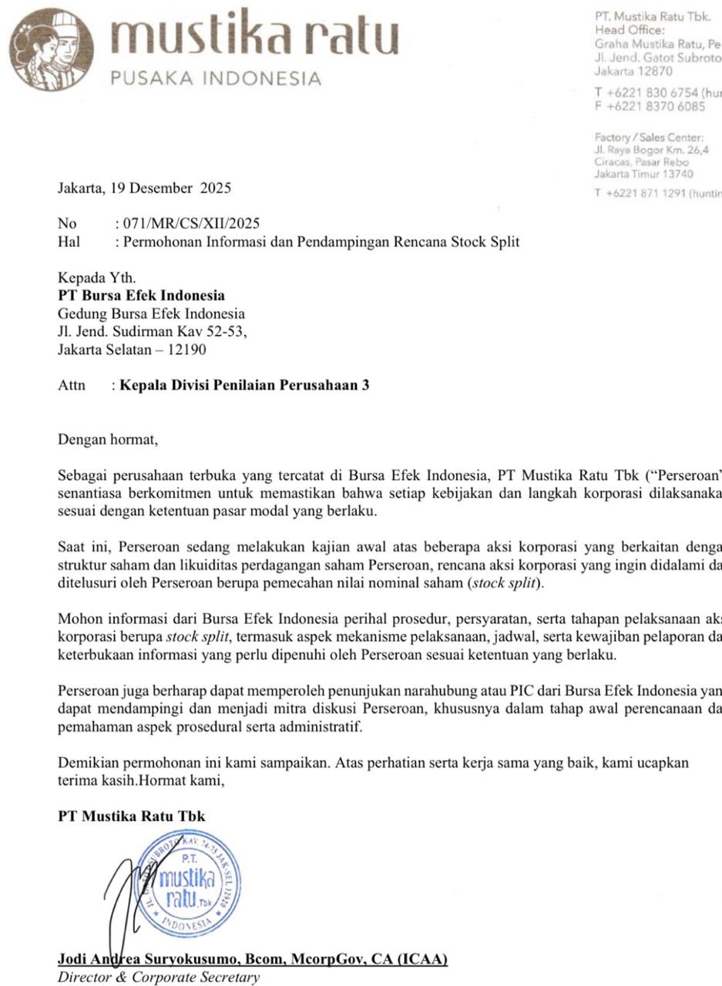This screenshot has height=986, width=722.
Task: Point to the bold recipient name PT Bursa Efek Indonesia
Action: point(142,296)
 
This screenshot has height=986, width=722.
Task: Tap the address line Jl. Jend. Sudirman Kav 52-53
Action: point(153,332)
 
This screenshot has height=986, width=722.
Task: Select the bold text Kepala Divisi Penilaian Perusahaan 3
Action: point(244,384)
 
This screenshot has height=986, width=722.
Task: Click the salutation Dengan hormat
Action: point(108,441)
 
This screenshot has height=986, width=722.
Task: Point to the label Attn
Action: point(72,384)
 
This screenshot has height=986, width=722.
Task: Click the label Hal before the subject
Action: point(69,242)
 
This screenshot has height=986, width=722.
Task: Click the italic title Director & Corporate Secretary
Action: point(159,978)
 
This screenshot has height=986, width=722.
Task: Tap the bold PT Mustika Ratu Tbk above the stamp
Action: point(132,817)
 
